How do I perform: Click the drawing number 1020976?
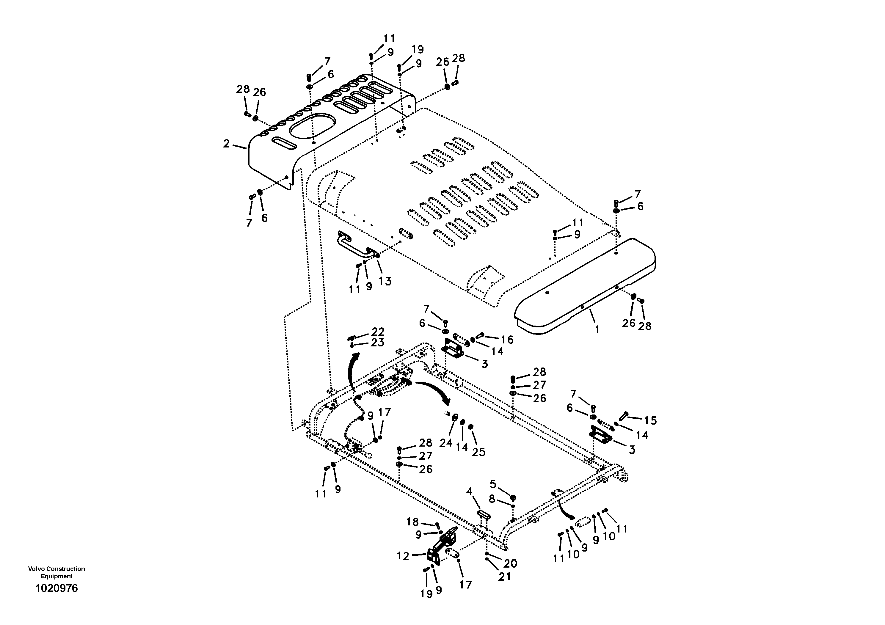[56, 588]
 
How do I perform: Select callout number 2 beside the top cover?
[226, 144]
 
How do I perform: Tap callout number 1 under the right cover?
[597, 329]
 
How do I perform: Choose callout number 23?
[378, 342]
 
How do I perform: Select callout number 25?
[479, 452]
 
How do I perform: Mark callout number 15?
[650, 420]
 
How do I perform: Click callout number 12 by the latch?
[403, 556]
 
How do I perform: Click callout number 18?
[412, 522]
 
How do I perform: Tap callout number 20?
[510, 564]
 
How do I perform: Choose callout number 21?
[504, 577]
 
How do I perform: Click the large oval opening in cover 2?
[312, 126]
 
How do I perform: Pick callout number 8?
[492, 499]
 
